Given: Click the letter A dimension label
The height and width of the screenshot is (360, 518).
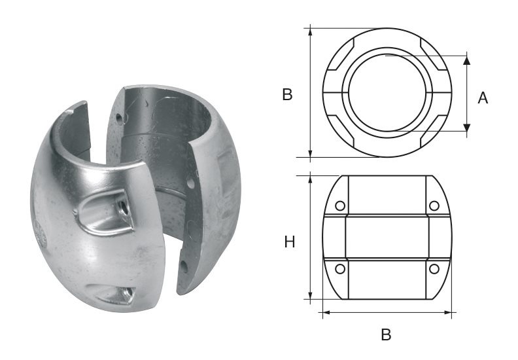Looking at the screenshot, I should click(x=483, y=98).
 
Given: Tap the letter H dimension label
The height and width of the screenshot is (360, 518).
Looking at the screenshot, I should click(x=290, y=242).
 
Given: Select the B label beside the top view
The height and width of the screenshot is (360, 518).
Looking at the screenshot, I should click(x=287, y=95).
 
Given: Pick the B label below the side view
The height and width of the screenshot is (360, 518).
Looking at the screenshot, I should click(x=386, y=334).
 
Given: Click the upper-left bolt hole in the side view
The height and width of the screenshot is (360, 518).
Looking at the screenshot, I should click(x=340, y=207).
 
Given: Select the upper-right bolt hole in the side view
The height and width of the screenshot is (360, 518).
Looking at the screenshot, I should click(x=433, y=207).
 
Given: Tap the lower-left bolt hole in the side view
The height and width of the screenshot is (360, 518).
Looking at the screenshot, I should click(x=340, y=268).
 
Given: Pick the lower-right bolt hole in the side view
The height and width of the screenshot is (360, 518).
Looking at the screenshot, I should click(x=433, y=268).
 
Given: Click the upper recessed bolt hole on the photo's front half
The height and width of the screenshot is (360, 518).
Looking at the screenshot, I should click(x=122, y=209).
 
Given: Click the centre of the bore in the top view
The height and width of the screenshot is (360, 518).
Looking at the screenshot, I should click(x=386, y=92).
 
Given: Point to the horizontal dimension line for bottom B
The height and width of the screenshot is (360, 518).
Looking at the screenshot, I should click(x=386, y=313).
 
